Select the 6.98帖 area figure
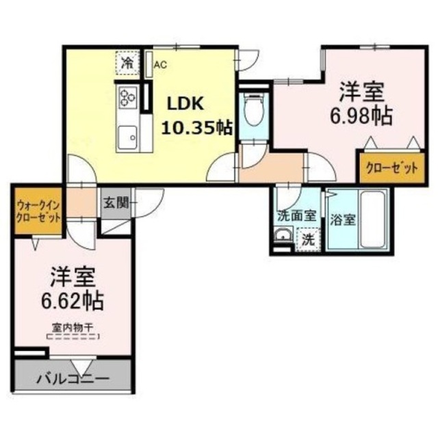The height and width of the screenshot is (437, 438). click(363, 116)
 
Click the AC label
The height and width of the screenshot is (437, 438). click(160, 65)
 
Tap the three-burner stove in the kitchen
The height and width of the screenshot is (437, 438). click(128, 98)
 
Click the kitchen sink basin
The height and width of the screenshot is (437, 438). click(128, 139)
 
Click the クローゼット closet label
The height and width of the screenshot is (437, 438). click(388, 168)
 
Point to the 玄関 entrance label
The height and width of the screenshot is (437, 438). click(114, 202)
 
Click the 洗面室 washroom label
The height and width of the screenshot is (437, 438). click(296, 214)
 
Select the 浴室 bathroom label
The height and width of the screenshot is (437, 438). click(342, 220)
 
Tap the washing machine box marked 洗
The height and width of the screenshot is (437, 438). click(309, 240)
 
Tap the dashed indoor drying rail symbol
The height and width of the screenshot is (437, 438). click(73, 336)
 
